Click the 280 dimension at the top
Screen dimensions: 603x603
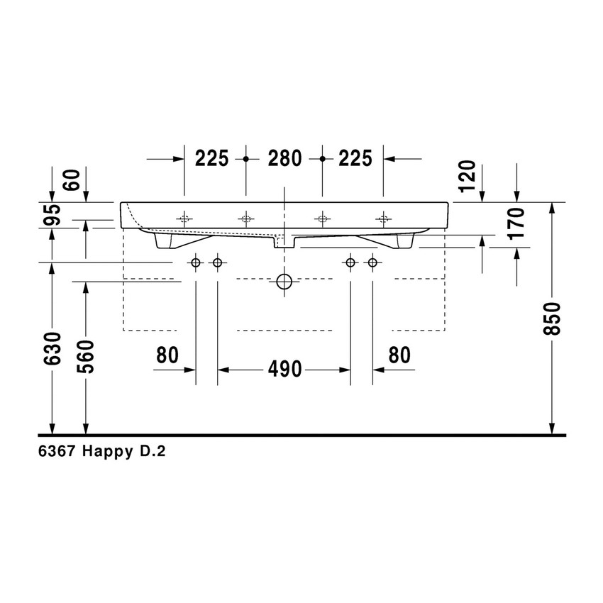click(284, 159)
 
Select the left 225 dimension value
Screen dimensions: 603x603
click(212, 159)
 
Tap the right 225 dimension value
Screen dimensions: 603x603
click(355, 159)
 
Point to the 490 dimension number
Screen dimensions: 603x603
click(284, 369)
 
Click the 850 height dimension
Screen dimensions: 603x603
click(555, 319)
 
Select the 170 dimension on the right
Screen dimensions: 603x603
click(516, 222)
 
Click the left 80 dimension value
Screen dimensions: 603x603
click(167, 355)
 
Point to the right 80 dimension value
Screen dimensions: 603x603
click(399, 355)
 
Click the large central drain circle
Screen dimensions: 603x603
click(284, 282)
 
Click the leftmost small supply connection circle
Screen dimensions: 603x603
click(196, 264)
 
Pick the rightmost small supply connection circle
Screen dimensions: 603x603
click(372, 264)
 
